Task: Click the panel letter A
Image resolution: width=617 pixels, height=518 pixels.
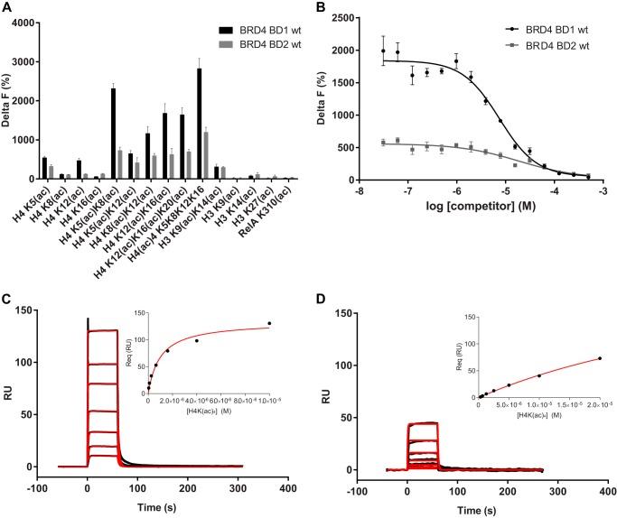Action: tap(7, 7)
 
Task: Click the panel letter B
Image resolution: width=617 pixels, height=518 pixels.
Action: tap(322, 7)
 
